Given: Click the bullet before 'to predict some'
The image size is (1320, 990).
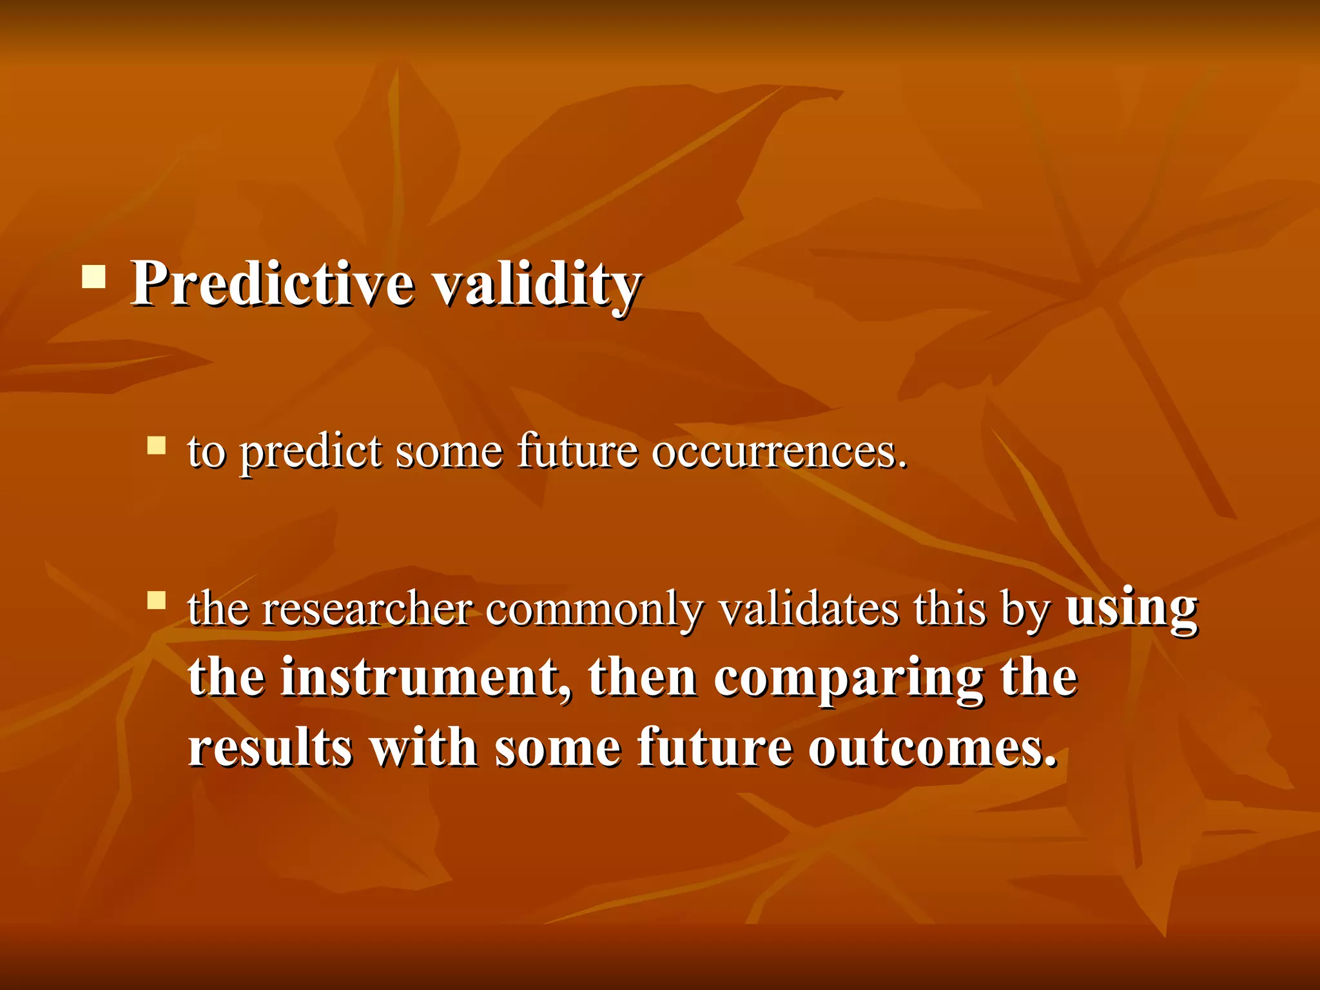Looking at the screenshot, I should point(157,445).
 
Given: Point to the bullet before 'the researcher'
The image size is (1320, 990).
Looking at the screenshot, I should point(157,601).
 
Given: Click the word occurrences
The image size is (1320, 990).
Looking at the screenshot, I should point(779,452).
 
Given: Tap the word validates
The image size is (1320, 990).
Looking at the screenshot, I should point(808,609).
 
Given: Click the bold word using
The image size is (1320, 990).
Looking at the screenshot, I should point(1131,609).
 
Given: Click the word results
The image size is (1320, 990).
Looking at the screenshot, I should point(270,748).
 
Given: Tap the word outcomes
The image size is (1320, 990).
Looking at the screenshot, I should point(933,748).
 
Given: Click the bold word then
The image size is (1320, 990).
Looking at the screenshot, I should point(642,678).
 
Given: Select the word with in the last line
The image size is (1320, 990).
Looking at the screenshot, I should point(423,748).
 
